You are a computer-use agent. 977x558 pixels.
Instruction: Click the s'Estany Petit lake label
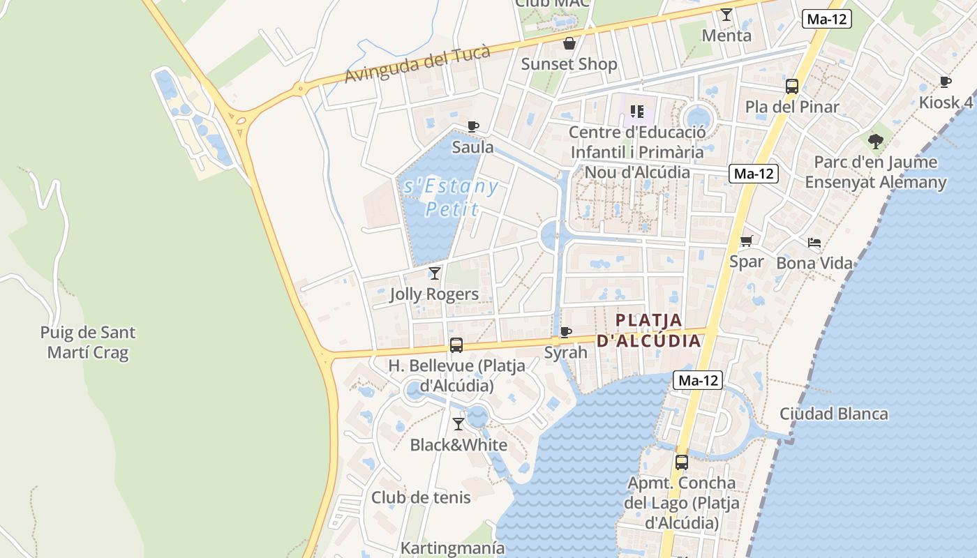451,197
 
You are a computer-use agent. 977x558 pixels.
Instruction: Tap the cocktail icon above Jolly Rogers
435,273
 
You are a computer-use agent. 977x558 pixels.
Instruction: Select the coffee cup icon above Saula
473,126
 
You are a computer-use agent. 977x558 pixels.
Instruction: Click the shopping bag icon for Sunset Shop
569,43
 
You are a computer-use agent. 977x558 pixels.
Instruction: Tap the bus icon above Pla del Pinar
792,86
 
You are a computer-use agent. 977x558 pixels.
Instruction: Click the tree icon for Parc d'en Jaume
876,142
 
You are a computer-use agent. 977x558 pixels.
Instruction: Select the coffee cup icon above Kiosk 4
946,82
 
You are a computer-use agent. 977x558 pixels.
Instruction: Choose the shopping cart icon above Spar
747,241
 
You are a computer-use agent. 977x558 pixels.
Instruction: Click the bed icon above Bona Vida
814,243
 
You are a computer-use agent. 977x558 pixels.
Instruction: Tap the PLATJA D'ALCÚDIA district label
648,330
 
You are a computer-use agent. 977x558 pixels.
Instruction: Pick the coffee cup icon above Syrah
566,332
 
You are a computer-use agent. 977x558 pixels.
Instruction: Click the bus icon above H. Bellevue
456,345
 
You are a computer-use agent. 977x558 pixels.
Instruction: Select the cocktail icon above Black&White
458,423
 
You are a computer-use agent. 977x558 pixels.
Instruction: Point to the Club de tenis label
421,497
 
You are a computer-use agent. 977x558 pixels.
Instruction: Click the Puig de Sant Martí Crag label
88,342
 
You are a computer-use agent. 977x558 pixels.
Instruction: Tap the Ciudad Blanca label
834,414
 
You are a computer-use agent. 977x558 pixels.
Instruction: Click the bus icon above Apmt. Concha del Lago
682,462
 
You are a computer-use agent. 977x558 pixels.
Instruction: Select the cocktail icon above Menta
726,15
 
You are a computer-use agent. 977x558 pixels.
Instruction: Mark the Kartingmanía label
452,548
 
